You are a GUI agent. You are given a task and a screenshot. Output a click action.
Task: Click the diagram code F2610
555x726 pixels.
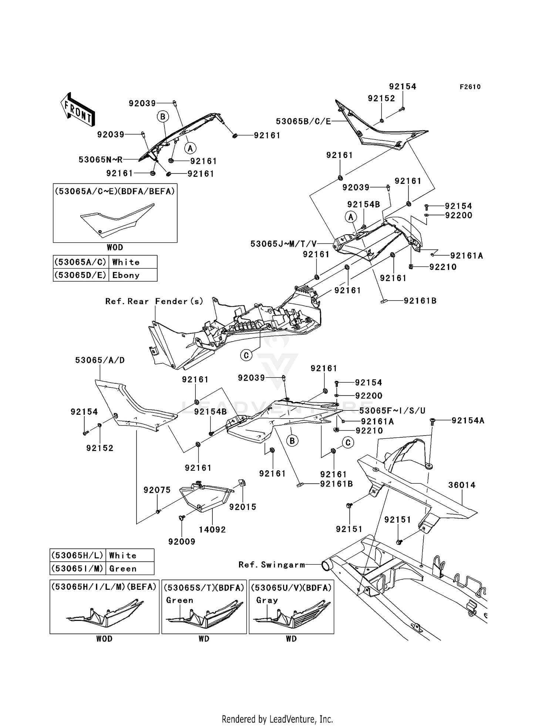pyautogui.click(x=470, y=87)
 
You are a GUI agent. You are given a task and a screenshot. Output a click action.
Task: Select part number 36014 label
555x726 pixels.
pyautogui.click(x=462, y=485)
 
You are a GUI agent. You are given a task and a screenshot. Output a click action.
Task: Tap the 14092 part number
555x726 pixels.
pyautogui.click(x=212, y=530)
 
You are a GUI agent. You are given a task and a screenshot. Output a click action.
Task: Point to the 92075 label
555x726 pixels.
pyautogui.click(x=157, y=490)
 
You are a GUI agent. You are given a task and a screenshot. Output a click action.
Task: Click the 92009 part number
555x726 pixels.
pyautogui.click(x=182, y=541)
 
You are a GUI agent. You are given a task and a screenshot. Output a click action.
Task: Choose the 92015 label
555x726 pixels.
pyautogui.click(x=243, y=507)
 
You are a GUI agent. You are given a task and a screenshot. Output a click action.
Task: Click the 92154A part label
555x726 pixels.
pyautogui.click(x=468, y=420)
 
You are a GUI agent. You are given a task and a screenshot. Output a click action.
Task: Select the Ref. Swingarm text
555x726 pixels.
pyautogui.click(x=272, y=565)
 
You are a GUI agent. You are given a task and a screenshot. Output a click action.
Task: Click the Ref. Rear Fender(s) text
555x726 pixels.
pyautogui.click(x=154, y=301)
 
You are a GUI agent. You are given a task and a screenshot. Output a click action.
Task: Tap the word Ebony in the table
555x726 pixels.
pyautogui.click(x=126, y=275)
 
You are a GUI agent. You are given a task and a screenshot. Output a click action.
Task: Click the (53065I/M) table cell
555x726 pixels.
pyautogui.click(x=77, y=568)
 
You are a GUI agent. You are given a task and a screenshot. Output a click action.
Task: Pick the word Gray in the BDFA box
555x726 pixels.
pyautogui.click(x=267, y=600)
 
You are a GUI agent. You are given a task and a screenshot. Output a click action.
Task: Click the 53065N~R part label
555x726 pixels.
pyautogui.click(x=100, y=159)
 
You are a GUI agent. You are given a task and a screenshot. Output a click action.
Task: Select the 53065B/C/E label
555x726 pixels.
pyautogui.click(x=303, y=121)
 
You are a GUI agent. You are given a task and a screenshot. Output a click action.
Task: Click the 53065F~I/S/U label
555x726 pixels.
pyautogui.click(x=392, y=410)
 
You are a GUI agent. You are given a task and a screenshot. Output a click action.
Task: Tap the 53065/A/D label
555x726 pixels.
pyautogui.click(x=100, y=360)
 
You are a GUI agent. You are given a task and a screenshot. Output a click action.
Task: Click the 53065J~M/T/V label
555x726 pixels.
pyautogui.click(x=284, y=244)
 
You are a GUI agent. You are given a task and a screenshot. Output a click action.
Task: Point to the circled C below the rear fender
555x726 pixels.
pyautogui.click(x=246, y=356)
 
